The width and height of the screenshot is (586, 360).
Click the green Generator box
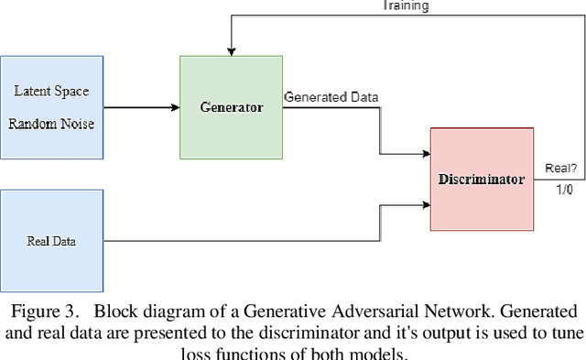point(232,107)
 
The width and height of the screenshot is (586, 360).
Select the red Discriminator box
point(480,180)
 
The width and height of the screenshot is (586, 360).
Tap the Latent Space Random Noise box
point(50,107)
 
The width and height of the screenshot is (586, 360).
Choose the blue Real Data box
point(50,242)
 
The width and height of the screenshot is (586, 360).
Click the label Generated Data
point(331,96)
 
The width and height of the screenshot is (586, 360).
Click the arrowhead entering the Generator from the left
point(175,108)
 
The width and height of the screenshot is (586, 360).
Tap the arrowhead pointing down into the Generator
point(232,51)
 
